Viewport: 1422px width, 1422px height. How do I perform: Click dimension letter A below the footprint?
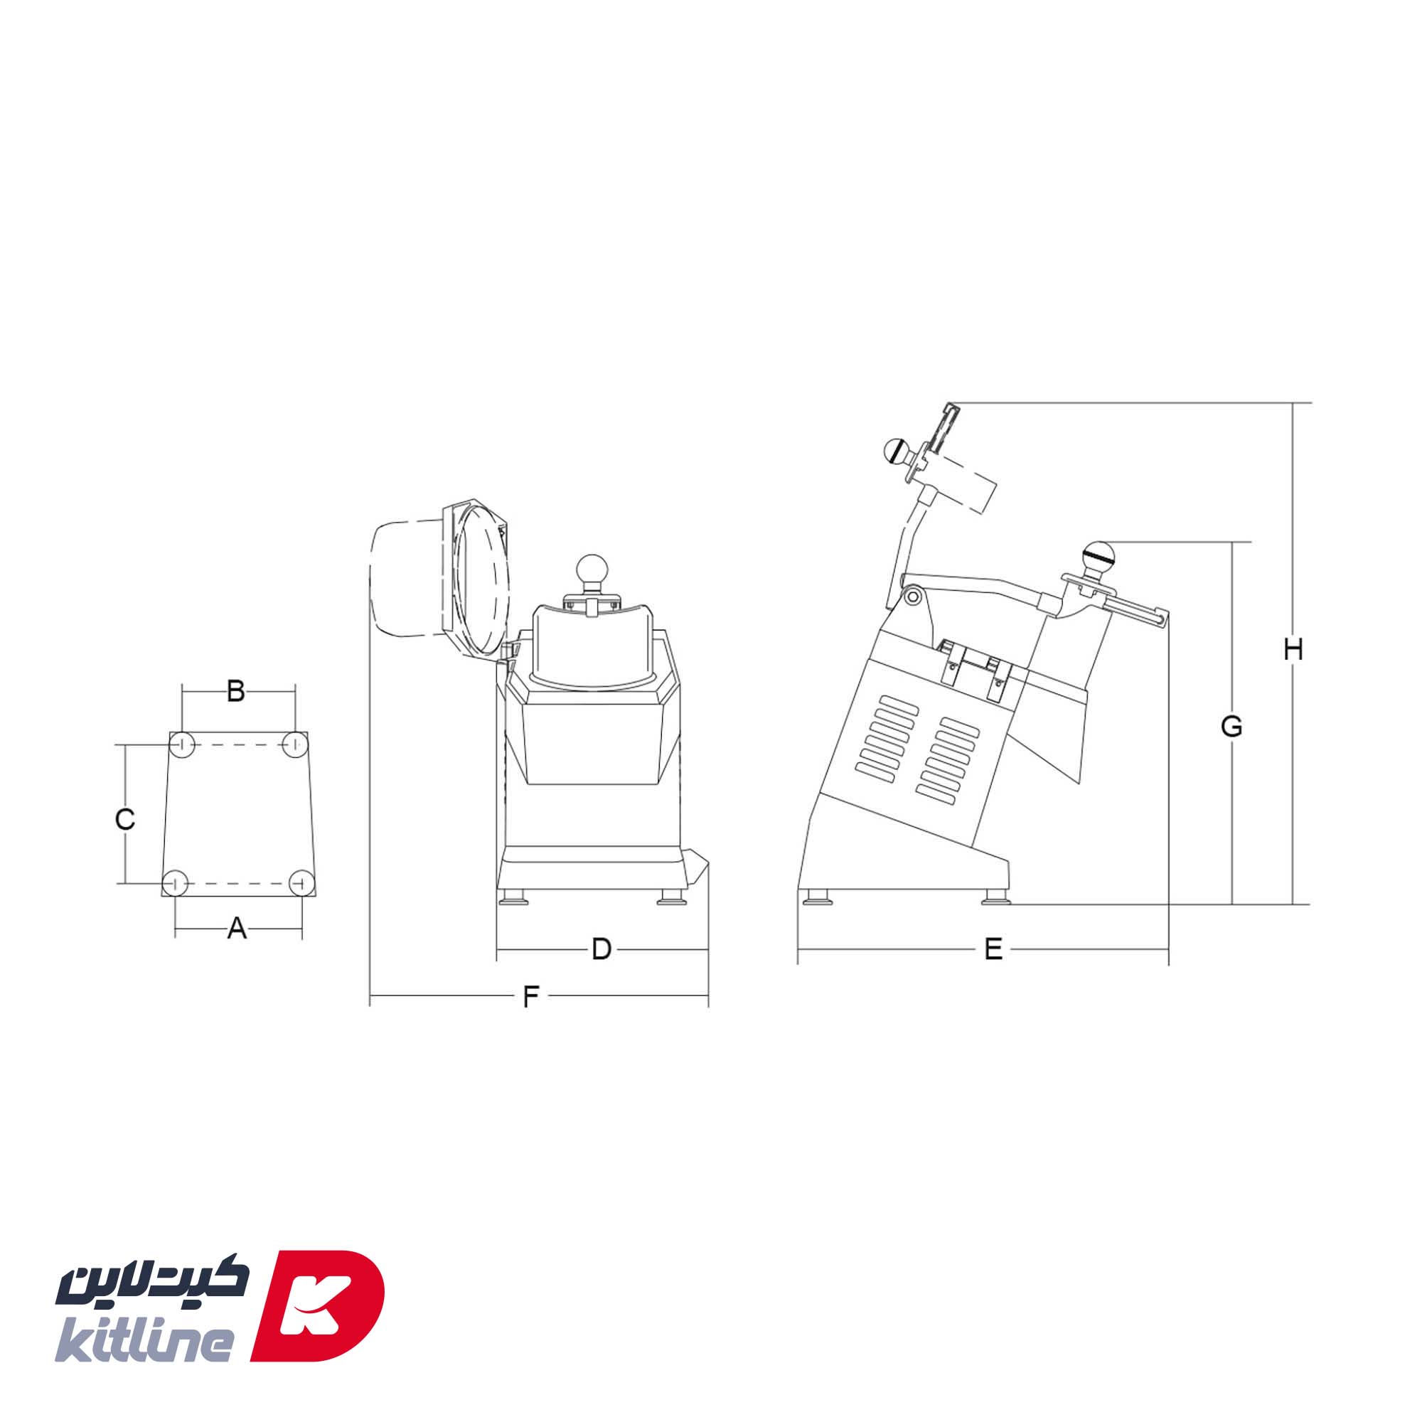pos(236,928)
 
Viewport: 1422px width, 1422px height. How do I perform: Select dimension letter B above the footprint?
pos(235,691)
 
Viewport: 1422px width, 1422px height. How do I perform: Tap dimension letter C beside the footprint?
pos(125,819)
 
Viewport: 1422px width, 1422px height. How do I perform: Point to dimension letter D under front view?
pos(602,949)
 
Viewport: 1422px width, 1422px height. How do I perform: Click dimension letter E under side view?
pos(993,949)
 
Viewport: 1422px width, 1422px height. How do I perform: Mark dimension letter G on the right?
pos(1231,727)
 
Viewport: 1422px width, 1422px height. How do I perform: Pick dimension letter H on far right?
pos(1293,650)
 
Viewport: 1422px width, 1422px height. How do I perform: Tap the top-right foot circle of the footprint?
pos(295,744)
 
